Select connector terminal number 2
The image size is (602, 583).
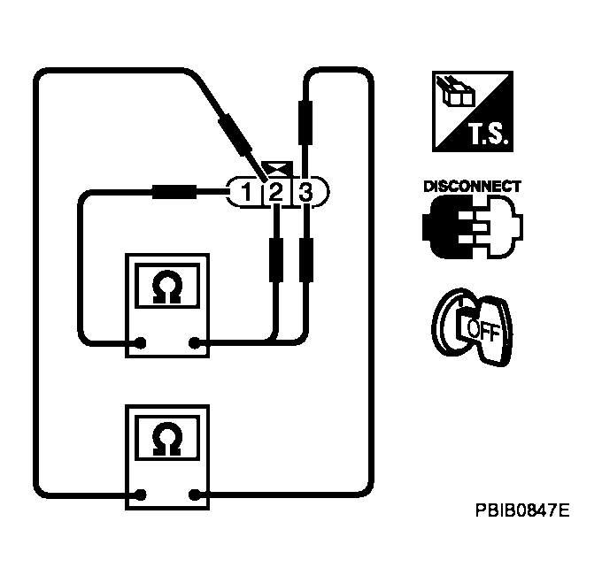[x=275, y=191]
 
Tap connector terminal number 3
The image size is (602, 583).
[x=305, y=191]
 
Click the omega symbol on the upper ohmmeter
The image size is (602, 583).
[x=166, y=289]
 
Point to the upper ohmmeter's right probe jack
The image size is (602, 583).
[x=193, y=343]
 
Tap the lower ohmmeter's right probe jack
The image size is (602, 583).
[x=193, y=494]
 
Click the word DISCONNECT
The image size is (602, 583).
[x=472, y=188]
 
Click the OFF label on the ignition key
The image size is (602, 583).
[x=482, y=329]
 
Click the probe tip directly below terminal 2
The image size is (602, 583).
[x=275, y=257]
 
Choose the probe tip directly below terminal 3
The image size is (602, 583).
[x=305, y=257]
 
